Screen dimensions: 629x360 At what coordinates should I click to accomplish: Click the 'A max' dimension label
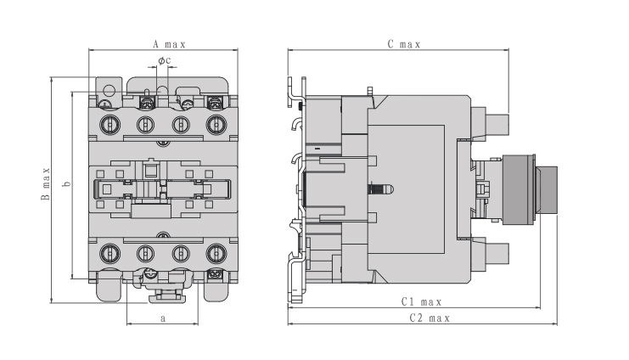coord(169,44)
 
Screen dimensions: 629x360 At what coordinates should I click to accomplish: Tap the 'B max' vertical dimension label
coord(46,183)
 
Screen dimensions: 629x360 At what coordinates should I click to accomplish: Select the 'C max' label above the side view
coord(404,44)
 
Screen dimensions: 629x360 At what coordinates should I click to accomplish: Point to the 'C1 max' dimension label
coord(421,301)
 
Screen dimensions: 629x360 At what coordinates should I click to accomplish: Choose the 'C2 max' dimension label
coord(430,318)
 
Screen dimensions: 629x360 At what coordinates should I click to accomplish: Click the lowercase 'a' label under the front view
coord(163,318)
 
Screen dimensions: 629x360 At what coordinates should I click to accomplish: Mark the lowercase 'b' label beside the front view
coord(67,183)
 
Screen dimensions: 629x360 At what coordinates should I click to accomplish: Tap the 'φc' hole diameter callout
coord(165,60)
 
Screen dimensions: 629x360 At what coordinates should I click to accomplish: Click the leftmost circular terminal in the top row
coord(110,125)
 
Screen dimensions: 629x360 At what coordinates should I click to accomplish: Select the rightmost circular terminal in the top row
coord(216,125)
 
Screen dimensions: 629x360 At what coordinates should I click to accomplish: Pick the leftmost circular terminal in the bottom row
coord(110,254)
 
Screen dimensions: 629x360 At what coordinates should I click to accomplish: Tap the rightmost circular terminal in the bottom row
coord(216,254)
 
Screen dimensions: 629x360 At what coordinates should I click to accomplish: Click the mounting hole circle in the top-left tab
coord(110,90)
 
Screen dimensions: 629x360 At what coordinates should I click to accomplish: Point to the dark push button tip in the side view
coord(548,191)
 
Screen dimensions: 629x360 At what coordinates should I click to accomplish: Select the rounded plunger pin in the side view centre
coord(381,189)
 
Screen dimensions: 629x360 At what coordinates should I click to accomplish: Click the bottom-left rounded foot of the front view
coord(110,286)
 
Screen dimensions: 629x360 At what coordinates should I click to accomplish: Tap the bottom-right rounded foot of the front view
coord(216,287)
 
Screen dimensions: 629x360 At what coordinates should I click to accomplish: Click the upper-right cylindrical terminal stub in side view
coord(497,125)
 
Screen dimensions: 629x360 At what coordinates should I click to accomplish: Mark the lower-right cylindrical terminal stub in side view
coord(497,254)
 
